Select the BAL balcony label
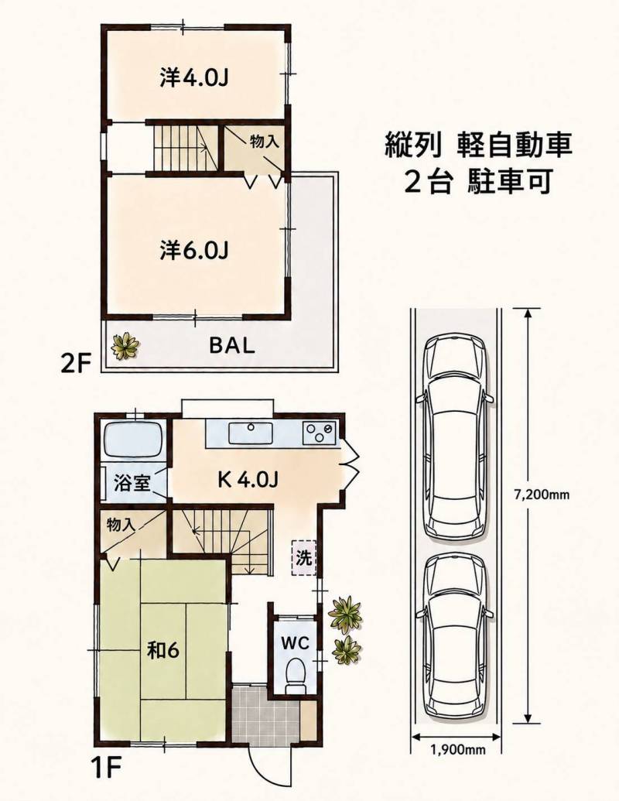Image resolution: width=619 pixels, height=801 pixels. click(x=231, y=346)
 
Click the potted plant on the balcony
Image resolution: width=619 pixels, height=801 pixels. click(x=125, y=346)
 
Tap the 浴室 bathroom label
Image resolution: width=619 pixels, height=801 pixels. click(x=132, y=483)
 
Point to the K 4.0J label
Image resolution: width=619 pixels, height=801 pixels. click(x=248, y=479)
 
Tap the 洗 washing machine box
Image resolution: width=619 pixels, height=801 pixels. click(x=304, y=557)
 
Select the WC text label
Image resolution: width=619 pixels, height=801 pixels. click(x=296, y=643)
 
